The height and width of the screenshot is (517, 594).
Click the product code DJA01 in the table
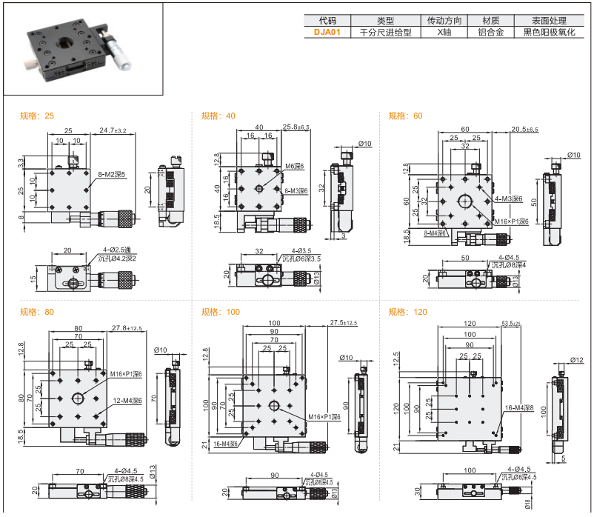pos(327,33)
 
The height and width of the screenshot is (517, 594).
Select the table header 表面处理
pos(547,20)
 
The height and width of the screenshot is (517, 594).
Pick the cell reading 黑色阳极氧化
pos(548,33)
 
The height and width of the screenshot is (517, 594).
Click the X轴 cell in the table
pos(444,33)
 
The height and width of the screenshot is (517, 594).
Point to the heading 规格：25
pos(37,116)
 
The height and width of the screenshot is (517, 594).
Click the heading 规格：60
pos(406,116)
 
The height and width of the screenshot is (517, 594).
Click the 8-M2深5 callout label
pos(111,175)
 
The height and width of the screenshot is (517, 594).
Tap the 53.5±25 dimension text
pos(516,324)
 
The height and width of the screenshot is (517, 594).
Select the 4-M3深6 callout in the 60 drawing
pos(509,199)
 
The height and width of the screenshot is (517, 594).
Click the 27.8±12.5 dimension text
pos(127,327)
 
